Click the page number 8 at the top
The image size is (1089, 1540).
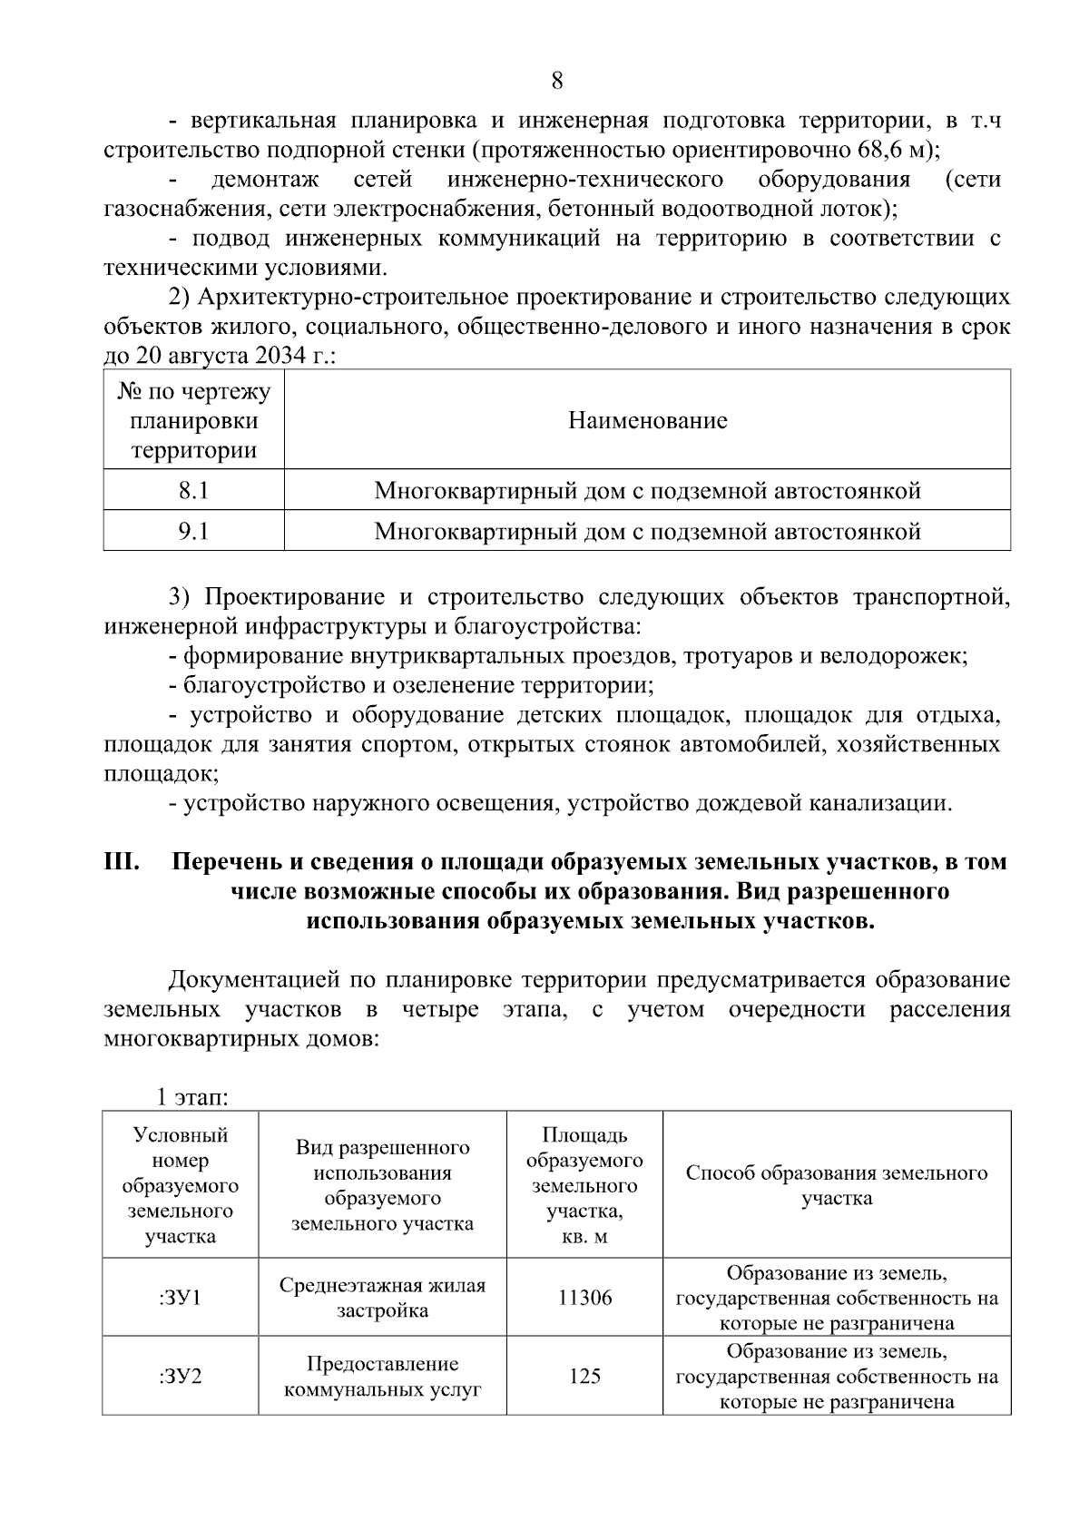click(556, 82)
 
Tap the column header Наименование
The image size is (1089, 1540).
click(647, 421)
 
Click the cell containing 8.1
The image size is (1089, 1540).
click(193, 491)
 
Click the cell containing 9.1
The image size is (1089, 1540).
click(193, 531)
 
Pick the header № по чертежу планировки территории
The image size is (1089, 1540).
click(193, 421)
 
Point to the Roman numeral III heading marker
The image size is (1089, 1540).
click(122, 861)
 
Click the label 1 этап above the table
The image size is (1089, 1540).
click(192, 1097)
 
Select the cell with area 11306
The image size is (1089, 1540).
click(584, 1298)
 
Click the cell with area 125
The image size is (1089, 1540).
click(584, 1377)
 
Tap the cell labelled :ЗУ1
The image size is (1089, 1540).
click(180, 1298)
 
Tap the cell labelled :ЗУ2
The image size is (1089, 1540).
click(180, 1377)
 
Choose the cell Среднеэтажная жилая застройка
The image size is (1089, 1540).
click(382, 1298)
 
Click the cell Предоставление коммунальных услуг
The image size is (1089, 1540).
click(382, 1377)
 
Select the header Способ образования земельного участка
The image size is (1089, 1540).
click(836, 1185)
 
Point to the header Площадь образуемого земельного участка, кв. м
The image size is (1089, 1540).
click(584, 1185)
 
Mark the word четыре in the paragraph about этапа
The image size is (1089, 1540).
click(439, 1010)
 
